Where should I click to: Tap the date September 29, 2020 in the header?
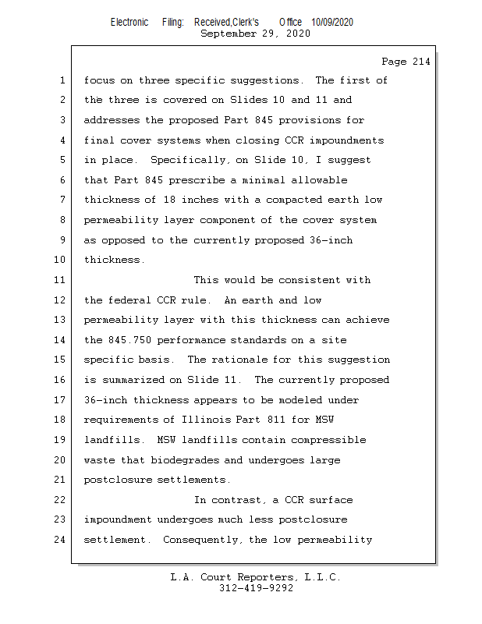pyautogui.click(x=255, y=34)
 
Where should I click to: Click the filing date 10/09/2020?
pyautogui.click(x=331, y=22)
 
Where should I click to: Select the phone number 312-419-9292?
pyautogui.click(x=256, y=588)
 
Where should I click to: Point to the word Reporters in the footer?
pyautogui.click(x=262, y=577)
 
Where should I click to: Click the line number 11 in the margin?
pyautogui.click(x=62, y=280)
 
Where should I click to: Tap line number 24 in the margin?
pyautogui.click(x=62, y=540)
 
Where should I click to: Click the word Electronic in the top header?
pyautogui.click(x=129, y=22)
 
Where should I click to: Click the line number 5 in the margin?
pyautogui.click(x=62, y=160)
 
